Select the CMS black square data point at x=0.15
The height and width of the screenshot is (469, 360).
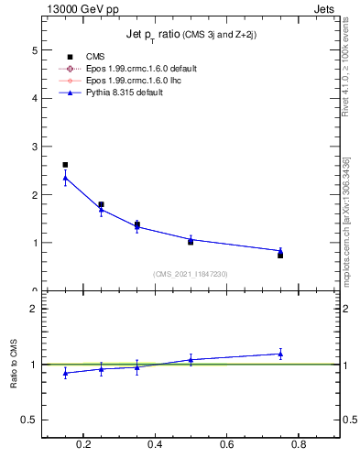pyautogui.click(x=65, y=165)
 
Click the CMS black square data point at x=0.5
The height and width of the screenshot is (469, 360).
pyautogui.click(x=191, y=242)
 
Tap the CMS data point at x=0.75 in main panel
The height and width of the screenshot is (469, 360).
pyautogui.click(x=280, y=255)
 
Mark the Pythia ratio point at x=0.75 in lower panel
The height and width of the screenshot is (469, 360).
pyautogui.click(x=280, y=354)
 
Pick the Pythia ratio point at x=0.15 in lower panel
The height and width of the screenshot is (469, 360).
pyautogui.click(x=65, y=373)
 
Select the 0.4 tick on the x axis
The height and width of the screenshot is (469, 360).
pyautogui.click(x=155, y=447)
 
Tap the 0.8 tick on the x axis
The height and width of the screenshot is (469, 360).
pyautogui.click(x=298, y=447)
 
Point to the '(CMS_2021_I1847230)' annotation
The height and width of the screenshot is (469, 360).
pyautogui.click(x=191, y=274)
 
